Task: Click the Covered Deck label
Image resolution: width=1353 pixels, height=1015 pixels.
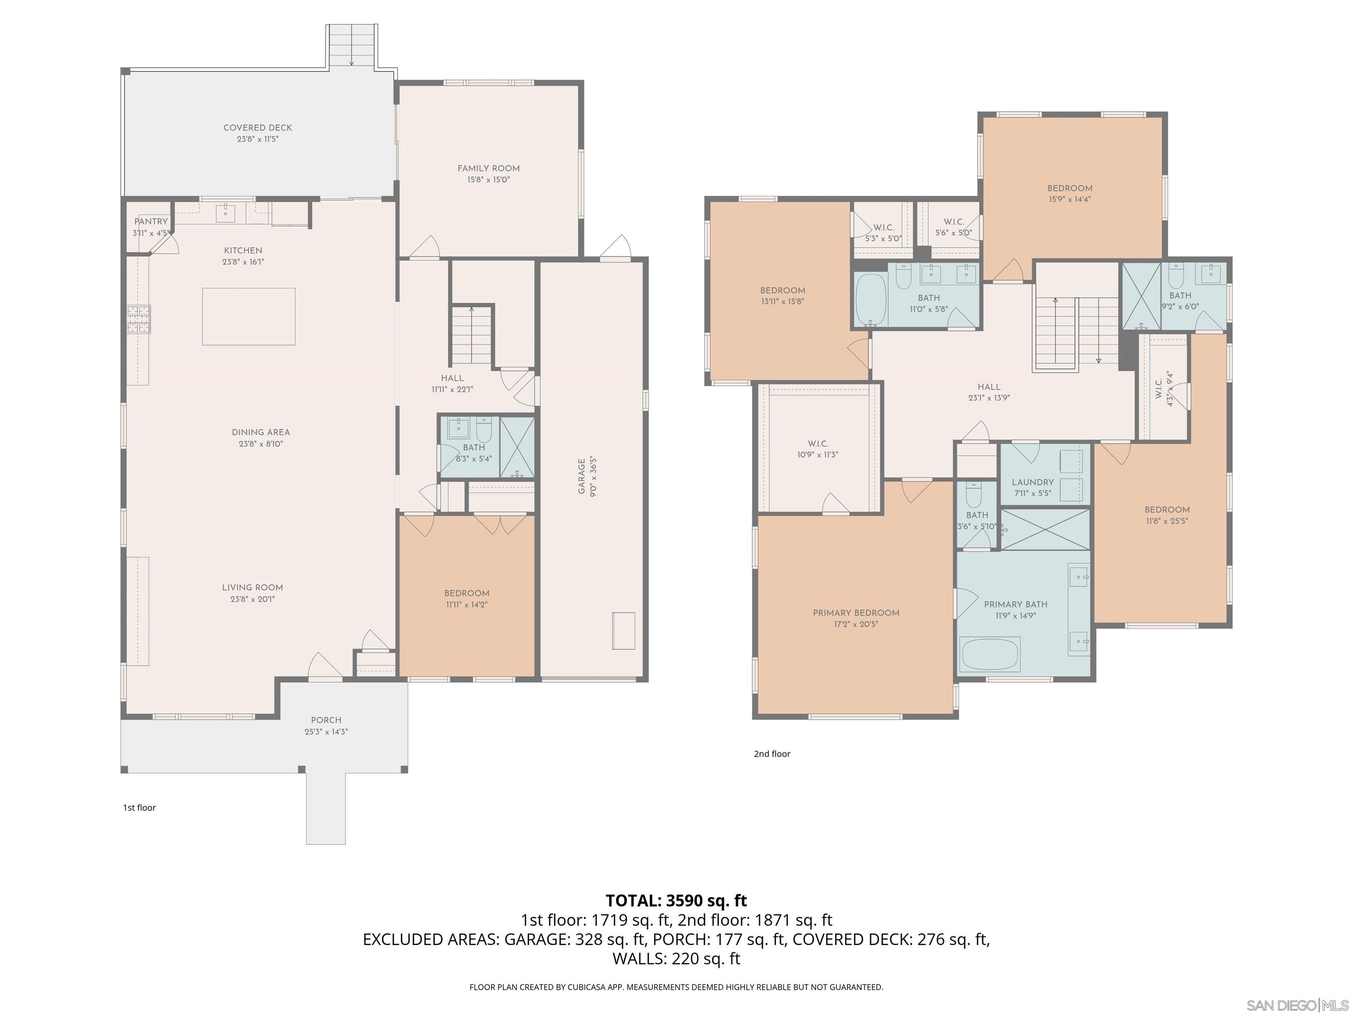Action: pos(258,127)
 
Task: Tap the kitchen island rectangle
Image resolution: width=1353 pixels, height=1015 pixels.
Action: pos(249,316)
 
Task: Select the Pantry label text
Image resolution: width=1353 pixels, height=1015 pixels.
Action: pos(151,222)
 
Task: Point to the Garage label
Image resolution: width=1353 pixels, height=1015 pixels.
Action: pos(582,476)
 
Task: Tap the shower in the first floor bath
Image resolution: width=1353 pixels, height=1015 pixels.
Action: pos(518,447)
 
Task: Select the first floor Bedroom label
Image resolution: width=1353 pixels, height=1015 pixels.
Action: pos(467,593)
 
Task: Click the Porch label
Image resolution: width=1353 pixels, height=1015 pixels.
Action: pos(326,720)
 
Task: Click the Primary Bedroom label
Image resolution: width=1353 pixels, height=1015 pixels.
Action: pos(856,612)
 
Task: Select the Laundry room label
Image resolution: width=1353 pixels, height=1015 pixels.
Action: pos(1032,482)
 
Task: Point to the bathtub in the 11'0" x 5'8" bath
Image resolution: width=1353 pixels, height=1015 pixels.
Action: pos(870,299)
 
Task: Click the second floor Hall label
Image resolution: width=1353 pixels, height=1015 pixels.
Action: pos(988,387)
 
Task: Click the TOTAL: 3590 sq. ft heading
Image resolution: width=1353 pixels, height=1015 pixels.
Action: pos(676,900)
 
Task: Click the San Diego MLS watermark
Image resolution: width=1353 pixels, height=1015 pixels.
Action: pos(1297,1005)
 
